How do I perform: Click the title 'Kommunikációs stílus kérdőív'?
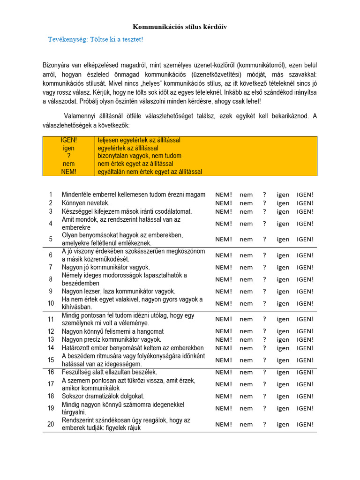(180, 27)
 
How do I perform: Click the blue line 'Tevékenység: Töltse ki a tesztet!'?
(95, 39)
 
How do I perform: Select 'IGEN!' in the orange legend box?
(69, 140)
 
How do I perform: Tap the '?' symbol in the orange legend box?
(69, 156)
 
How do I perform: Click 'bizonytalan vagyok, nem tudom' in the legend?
(139, 156)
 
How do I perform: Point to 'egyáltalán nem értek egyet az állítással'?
(150, 172)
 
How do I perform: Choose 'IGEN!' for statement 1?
(305, 195)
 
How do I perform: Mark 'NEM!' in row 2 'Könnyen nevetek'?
(224, 203)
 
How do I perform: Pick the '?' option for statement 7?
(264, 267)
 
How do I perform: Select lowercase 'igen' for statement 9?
(283, 291)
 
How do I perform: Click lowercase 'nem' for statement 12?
(246, 331)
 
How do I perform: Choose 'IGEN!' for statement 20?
(305, 424)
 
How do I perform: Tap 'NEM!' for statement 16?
(224, 372)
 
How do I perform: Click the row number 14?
(51, 348)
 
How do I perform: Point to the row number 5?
(51, 239)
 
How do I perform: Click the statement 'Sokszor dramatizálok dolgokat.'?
(103, 396)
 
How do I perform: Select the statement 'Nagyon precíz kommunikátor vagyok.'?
(112, 339)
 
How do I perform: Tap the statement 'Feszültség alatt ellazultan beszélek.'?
(111, 372)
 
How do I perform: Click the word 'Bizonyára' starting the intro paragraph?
(56, 65)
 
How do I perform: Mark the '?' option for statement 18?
(264, 396)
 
